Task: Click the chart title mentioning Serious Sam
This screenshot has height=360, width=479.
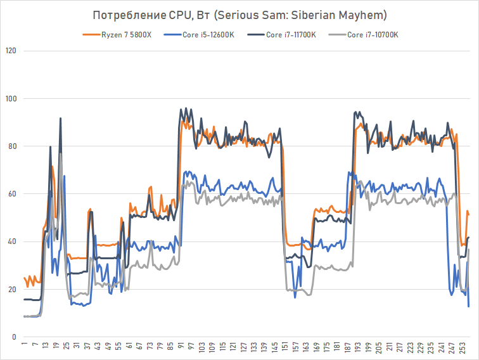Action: pos(239,14)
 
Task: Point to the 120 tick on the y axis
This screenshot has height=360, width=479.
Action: pos(11,51)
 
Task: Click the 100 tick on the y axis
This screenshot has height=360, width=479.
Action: pos(11,98)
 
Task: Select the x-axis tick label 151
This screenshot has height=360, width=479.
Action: pos(284,349)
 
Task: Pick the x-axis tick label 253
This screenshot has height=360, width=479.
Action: pos(463,349)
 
